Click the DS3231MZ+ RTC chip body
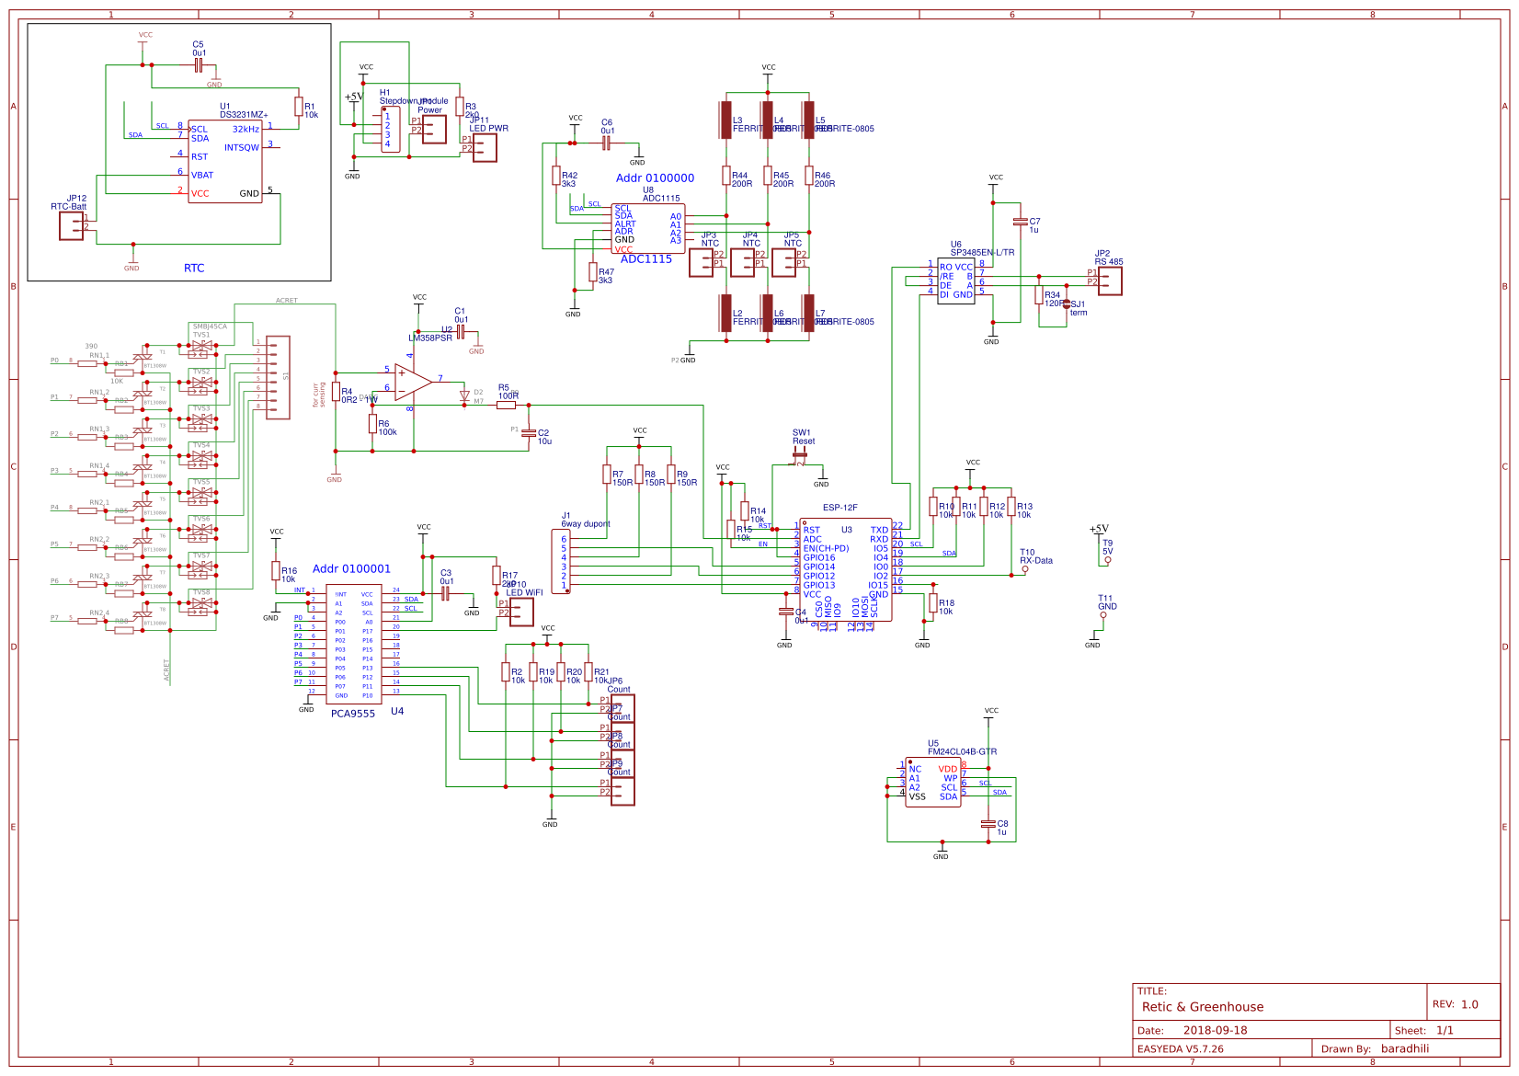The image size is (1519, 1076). pos(225,162)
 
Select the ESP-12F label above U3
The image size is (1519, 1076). pos(840,508)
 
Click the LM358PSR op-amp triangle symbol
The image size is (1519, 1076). pos(413,381)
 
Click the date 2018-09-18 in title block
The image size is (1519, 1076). pos(1215,1030)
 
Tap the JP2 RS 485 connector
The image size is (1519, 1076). pos(1110,281)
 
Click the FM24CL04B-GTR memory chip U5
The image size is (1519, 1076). pos(932,783)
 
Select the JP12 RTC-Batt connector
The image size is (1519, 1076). pos(71,225)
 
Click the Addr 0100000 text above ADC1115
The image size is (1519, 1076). pos(655,178)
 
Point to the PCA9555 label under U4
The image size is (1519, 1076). pos(353,714)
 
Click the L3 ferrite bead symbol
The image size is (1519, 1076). pos(725,120)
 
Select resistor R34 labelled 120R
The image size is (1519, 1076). pos(1039,295)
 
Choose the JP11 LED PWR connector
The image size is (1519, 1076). pos(485,147)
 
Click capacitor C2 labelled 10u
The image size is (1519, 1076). pos(528,432)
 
